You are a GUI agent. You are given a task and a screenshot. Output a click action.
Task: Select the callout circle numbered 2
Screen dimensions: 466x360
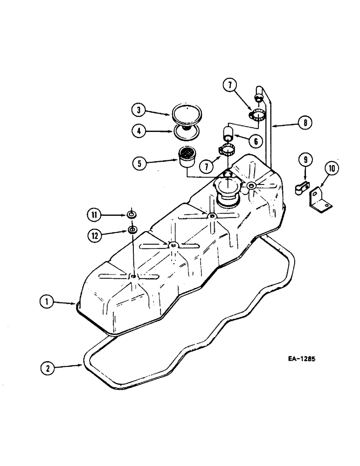46,368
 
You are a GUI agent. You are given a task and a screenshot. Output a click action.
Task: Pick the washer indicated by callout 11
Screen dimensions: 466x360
132,215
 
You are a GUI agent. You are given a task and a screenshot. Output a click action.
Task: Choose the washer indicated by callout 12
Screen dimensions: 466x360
132,230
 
